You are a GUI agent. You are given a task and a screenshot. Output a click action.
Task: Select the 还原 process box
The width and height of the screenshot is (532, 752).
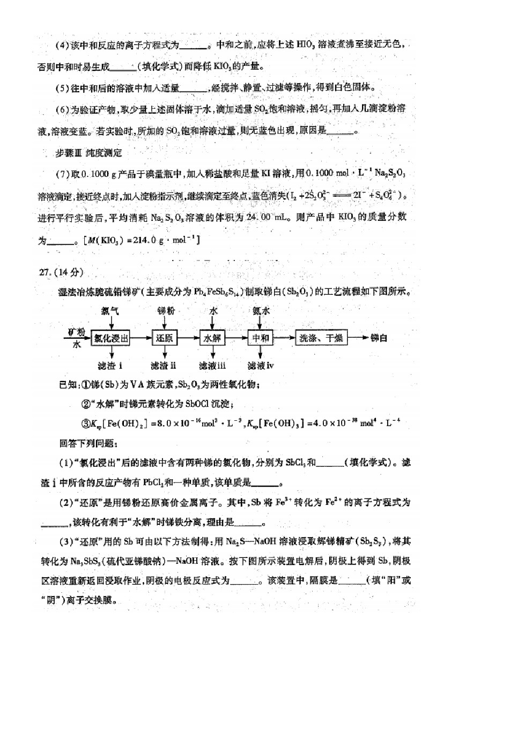(x=164, y=338)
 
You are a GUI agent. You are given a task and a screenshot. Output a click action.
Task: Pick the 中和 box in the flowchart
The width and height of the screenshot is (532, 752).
(x=261, y=338)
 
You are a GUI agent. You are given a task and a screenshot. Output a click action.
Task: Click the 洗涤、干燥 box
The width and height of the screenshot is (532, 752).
(x=321, y=338)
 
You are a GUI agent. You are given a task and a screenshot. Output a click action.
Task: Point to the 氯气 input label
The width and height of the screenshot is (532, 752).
(x=110, y=311)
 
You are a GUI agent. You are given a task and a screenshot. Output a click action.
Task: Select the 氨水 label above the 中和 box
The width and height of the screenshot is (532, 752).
(x=261, y=311)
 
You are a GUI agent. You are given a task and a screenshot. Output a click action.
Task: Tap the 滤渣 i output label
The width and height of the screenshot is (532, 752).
(x=110, y=366)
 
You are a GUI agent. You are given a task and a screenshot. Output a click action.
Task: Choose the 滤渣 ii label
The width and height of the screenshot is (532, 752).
(x=164, y=366)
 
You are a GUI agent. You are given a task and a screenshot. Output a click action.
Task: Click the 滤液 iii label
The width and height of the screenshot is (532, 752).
(x=212, y=366)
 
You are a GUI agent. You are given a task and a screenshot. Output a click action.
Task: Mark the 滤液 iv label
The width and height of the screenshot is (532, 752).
(x=261, y=366)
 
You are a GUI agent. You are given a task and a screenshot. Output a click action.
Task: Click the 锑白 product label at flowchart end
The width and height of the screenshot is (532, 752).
(x=379, y=338)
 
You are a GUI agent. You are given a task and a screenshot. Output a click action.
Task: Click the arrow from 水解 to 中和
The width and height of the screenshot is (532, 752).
(x=237, y=338)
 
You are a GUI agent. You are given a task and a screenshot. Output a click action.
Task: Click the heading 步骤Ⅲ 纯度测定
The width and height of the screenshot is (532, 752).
(x=88, y=153)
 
